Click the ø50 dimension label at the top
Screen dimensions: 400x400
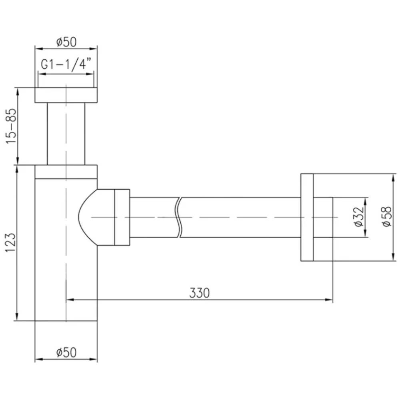point(66,42)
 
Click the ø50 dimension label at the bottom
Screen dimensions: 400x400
point(66,352)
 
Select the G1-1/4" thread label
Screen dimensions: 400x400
point(66,64)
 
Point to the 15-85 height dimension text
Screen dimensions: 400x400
point(11,126)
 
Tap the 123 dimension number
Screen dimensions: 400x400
point(11,242)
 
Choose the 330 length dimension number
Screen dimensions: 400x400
point(199,293)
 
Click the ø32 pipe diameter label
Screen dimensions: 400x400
point(358,216)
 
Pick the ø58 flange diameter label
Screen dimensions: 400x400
point(386,216)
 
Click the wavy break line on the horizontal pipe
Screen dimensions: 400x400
point(178,217)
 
